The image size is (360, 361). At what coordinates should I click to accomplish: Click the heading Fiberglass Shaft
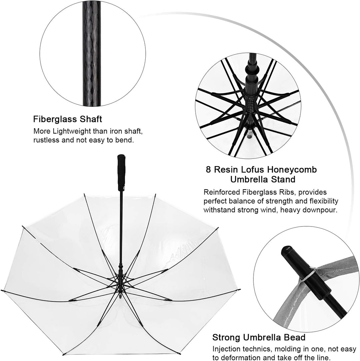tap(67, 119)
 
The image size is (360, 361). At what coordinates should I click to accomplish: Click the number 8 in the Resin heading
tap(208, 170)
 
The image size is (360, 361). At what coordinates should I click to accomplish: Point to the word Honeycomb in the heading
tap(292, 170)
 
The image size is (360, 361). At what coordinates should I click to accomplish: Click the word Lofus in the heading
tap(252, 170)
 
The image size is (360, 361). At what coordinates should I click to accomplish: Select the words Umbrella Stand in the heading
tap(263, 179)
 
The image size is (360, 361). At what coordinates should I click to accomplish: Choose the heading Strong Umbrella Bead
tap(259, 338)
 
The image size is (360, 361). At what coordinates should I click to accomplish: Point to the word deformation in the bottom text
tap(247, 358)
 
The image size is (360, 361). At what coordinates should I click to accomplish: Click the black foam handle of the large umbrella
tap(121, 173)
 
